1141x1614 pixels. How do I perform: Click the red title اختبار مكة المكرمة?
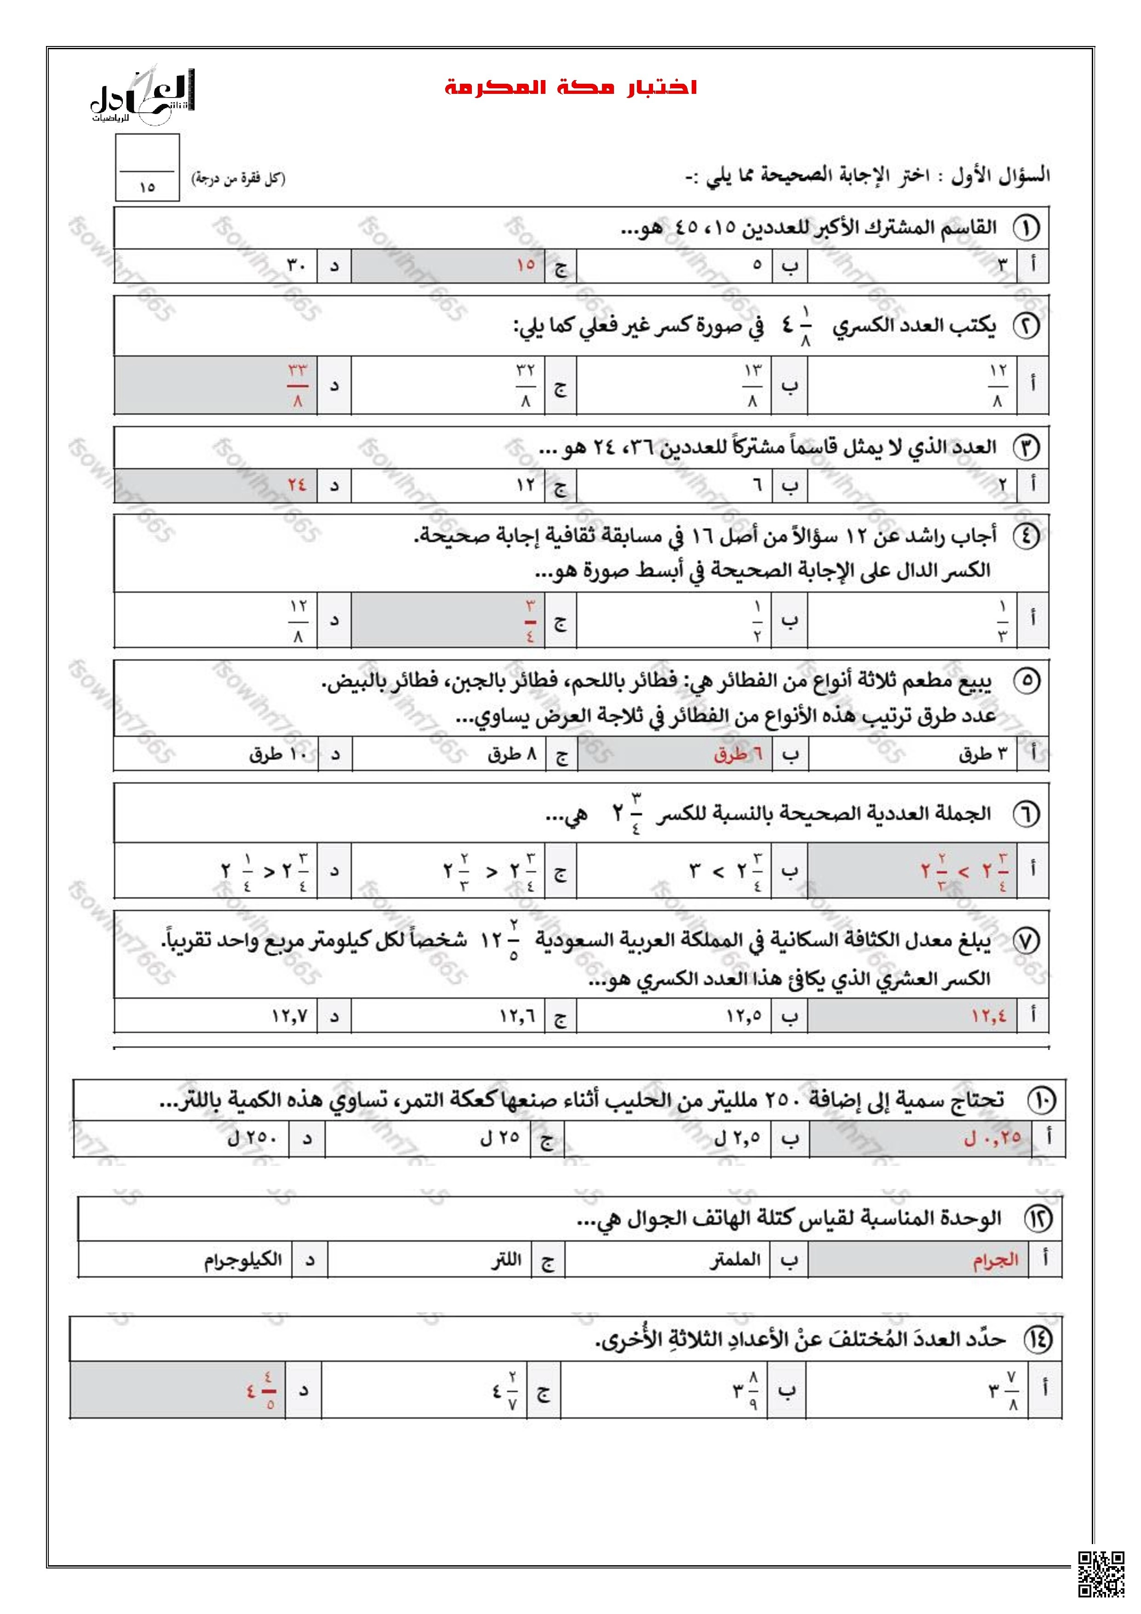[570, 88]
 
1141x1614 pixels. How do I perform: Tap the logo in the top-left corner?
[144, 98]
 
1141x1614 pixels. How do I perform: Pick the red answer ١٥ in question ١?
[526, 265]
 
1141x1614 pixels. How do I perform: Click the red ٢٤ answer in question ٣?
[297, 485]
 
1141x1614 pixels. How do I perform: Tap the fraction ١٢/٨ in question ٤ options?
[298, 620]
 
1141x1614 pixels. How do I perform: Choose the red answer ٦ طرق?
[738, 754]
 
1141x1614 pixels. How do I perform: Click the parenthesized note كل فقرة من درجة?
[238, 179]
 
